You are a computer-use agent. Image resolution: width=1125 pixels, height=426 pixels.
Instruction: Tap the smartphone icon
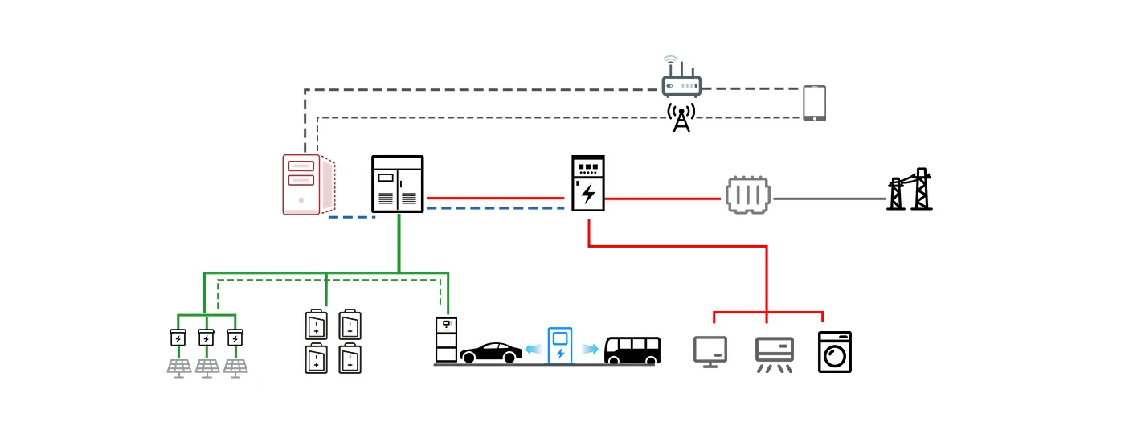[814, 104]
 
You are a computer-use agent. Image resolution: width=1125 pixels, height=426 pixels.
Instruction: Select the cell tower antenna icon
[681, 117]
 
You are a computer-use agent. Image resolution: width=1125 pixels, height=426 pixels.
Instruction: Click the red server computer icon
[302, 185]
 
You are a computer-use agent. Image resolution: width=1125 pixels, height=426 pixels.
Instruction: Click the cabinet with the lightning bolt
[588, 183]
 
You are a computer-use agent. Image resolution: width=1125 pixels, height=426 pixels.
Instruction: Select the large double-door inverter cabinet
[398, 185]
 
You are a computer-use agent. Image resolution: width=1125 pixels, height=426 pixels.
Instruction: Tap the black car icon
[490, 352]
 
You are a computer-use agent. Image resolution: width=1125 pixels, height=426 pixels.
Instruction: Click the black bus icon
[632, 350]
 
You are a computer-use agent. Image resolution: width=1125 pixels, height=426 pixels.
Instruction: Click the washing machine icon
[834, 352]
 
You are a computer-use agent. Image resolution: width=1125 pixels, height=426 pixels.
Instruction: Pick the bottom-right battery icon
[350, 358]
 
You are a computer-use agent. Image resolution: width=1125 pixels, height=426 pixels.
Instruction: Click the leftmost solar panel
[178, 367]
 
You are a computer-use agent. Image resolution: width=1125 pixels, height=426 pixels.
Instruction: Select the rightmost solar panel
[235, 367]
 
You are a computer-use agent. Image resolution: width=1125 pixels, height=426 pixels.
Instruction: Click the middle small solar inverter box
[207, 338]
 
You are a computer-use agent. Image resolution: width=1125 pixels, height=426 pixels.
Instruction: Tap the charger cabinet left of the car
[445, 340]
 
